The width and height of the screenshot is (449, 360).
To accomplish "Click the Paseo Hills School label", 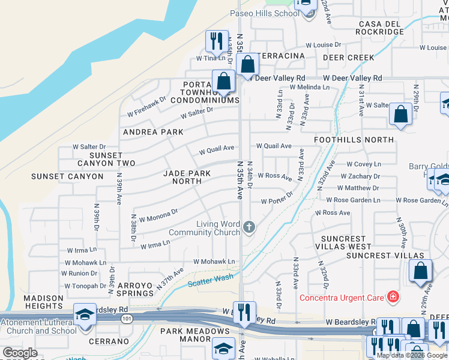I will tap(264, 13).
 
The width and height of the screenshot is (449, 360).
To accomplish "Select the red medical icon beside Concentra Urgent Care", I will tap(393, 296).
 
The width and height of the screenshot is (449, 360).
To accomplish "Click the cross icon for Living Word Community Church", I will tap(250, 227).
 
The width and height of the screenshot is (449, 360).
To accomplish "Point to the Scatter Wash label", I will tap(210, 280).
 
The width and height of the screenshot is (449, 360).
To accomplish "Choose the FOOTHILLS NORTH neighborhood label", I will tap(354, 140).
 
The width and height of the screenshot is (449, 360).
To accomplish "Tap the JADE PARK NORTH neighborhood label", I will tap(187, 177).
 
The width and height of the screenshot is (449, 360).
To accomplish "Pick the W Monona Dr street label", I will tap(158, 215).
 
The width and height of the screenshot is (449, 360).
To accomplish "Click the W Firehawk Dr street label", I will tap(146, 107).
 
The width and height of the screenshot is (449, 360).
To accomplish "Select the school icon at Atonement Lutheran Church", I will tap(84, 314).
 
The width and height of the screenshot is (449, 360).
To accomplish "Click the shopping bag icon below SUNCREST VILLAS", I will tap(420, 272).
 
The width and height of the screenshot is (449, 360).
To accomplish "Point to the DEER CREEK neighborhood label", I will tap(348, 58).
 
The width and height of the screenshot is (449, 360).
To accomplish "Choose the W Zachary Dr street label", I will tap(360, 176).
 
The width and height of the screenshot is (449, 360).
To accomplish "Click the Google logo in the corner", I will tap(20, 353).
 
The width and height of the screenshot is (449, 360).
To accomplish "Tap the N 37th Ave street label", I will tap(169, 279).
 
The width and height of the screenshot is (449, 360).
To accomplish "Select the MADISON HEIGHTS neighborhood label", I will tap(43, 302).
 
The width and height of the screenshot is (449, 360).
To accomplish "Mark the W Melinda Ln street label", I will tap(310, 87).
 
